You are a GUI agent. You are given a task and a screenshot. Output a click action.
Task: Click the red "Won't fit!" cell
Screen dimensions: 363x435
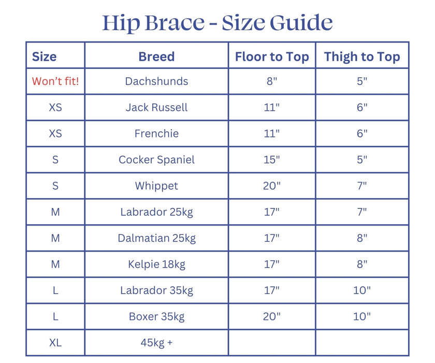[x=55, y=81]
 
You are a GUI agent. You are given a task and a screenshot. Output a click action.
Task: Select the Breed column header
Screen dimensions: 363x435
[x=156, y=57]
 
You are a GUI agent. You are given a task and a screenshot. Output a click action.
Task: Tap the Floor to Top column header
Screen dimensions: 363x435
[x=272, y=57]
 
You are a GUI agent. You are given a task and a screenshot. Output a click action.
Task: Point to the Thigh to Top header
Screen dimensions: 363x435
[x=362, y=57]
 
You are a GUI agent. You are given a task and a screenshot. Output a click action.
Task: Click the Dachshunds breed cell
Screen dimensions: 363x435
[x=156, y=81]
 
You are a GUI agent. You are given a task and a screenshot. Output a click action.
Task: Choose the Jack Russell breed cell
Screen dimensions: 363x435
[x=156, y=107]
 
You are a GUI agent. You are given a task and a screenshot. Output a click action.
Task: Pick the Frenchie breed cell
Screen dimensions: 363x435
[x=156, y=133]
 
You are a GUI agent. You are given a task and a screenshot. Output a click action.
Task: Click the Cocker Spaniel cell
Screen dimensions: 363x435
[x=156, y=160]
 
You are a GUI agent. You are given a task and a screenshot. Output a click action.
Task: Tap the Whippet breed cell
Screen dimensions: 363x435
[x=156, y=186]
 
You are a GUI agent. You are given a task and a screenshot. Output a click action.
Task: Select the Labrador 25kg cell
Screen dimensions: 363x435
[x=156, y=212]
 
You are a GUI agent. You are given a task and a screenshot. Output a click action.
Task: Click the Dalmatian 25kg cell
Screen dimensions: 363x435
[x=156, y=238]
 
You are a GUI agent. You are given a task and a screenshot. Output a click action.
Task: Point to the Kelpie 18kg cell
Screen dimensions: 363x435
[x=156, y=264]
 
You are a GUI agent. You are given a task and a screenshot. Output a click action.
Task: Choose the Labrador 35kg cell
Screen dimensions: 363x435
[x=156, y=290]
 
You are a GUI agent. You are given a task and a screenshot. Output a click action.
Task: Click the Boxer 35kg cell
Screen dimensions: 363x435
[x=156, y=316]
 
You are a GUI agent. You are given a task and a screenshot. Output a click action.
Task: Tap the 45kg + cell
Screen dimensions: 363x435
[x=156, y=343]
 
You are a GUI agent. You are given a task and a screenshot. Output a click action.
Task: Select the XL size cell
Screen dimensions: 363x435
[x=55, y=343]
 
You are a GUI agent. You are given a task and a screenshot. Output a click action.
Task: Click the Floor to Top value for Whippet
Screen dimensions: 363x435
[x=271, y=186]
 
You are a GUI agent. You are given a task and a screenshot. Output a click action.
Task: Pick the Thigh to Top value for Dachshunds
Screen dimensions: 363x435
[x=362, y=81]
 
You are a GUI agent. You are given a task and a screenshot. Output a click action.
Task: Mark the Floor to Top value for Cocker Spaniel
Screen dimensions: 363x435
[x=271, y=160]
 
